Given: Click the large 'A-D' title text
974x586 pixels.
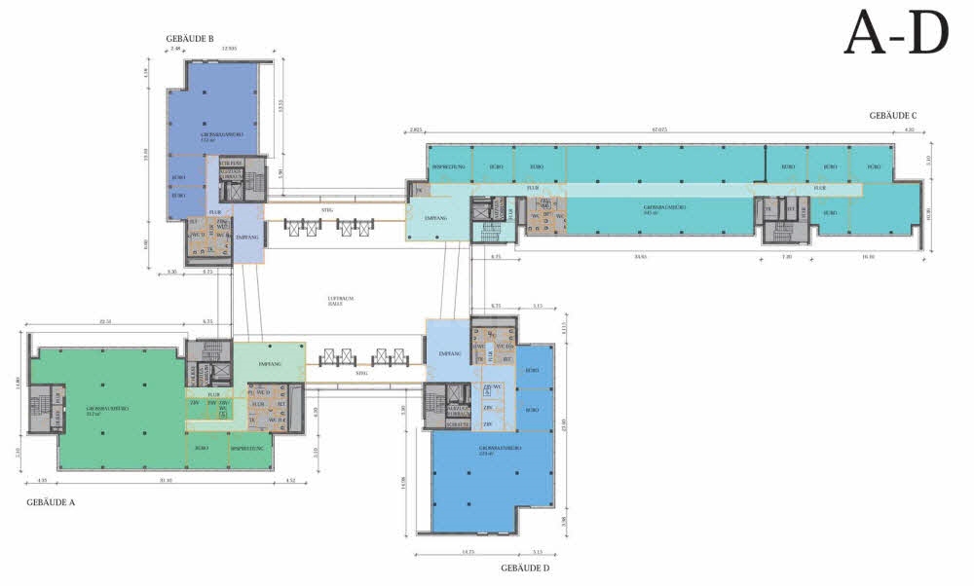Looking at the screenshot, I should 895,33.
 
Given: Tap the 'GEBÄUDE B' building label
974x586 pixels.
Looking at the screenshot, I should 189,39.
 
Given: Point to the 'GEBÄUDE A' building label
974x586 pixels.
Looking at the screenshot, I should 52,502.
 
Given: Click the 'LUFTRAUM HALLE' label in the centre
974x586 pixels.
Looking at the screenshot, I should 339,302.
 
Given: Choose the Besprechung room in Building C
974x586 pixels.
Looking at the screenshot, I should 449,166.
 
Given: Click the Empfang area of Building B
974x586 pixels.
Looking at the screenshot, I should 247,238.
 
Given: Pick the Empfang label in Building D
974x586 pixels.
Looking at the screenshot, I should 449,353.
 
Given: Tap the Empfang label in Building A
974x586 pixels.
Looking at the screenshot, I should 270,362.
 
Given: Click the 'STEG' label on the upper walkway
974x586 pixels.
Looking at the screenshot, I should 327,206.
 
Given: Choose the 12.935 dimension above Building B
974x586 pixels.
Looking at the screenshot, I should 230,48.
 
